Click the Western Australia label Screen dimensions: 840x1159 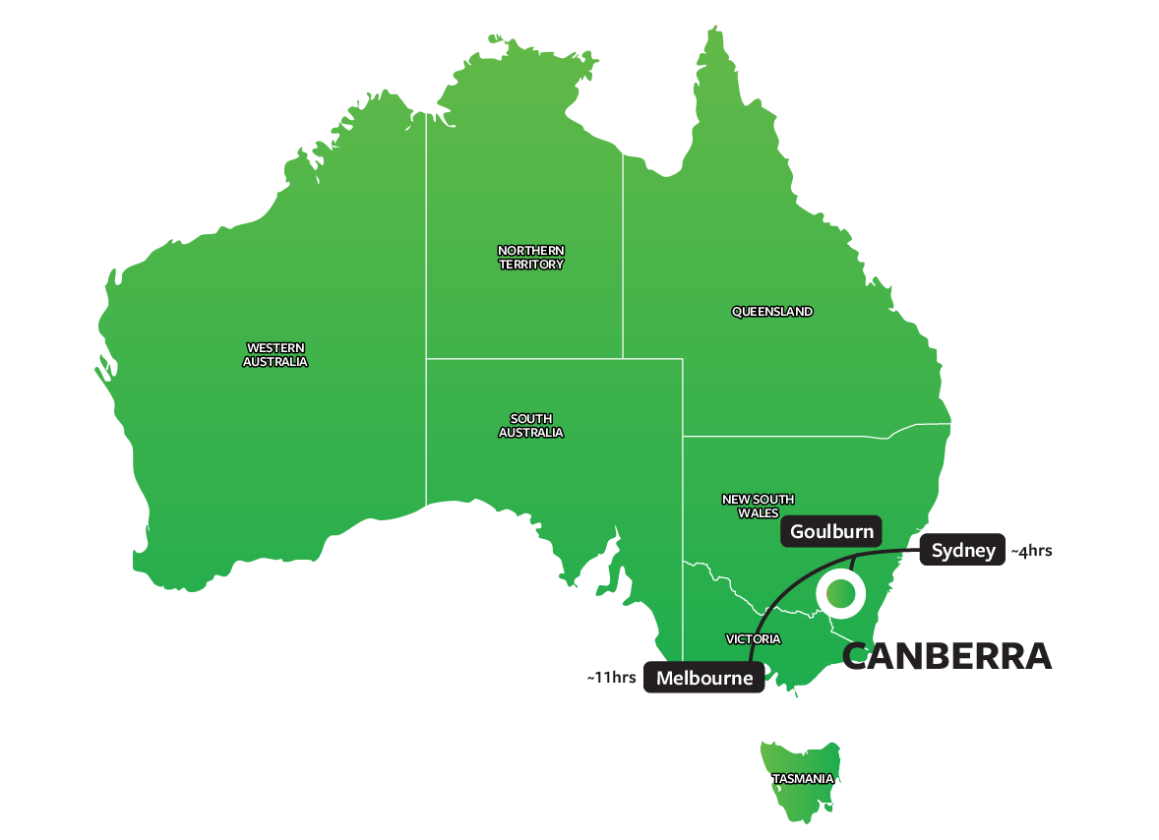pos(275,355)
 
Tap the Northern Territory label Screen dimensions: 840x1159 pos(531,258)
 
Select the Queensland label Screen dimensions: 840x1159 pos(772,312)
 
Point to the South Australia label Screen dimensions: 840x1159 pos(531,426)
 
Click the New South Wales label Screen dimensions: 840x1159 pos(758,507)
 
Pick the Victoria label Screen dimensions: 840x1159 pos(754,639)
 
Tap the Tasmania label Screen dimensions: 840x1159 pos(803,779)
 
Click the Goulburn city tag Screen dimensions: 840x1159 pos(831,532)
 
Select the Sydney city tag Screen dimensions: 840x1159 pos(963,551)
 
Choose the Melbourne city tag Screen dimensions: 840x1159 pos(704,678)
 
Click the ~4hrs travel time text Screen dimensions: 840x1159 pos(1032,552)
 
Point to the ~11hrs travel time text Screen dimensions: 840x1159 pos(611,678)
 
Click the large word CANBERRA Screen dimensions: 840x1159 pos(947,656)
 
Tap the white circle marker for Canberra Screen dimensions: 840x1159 pos(840,594)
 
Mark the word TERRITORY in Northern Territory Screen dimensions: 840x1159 pos(531,265)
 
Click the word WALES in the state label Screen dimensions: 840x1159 pos(758,513)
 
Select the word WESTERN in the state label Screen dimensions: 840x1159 pos(275,348)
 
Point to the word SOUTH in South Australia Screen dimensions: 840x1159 pos(531,419)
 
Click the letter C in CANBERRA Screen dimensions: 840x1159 pos(860,656)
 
